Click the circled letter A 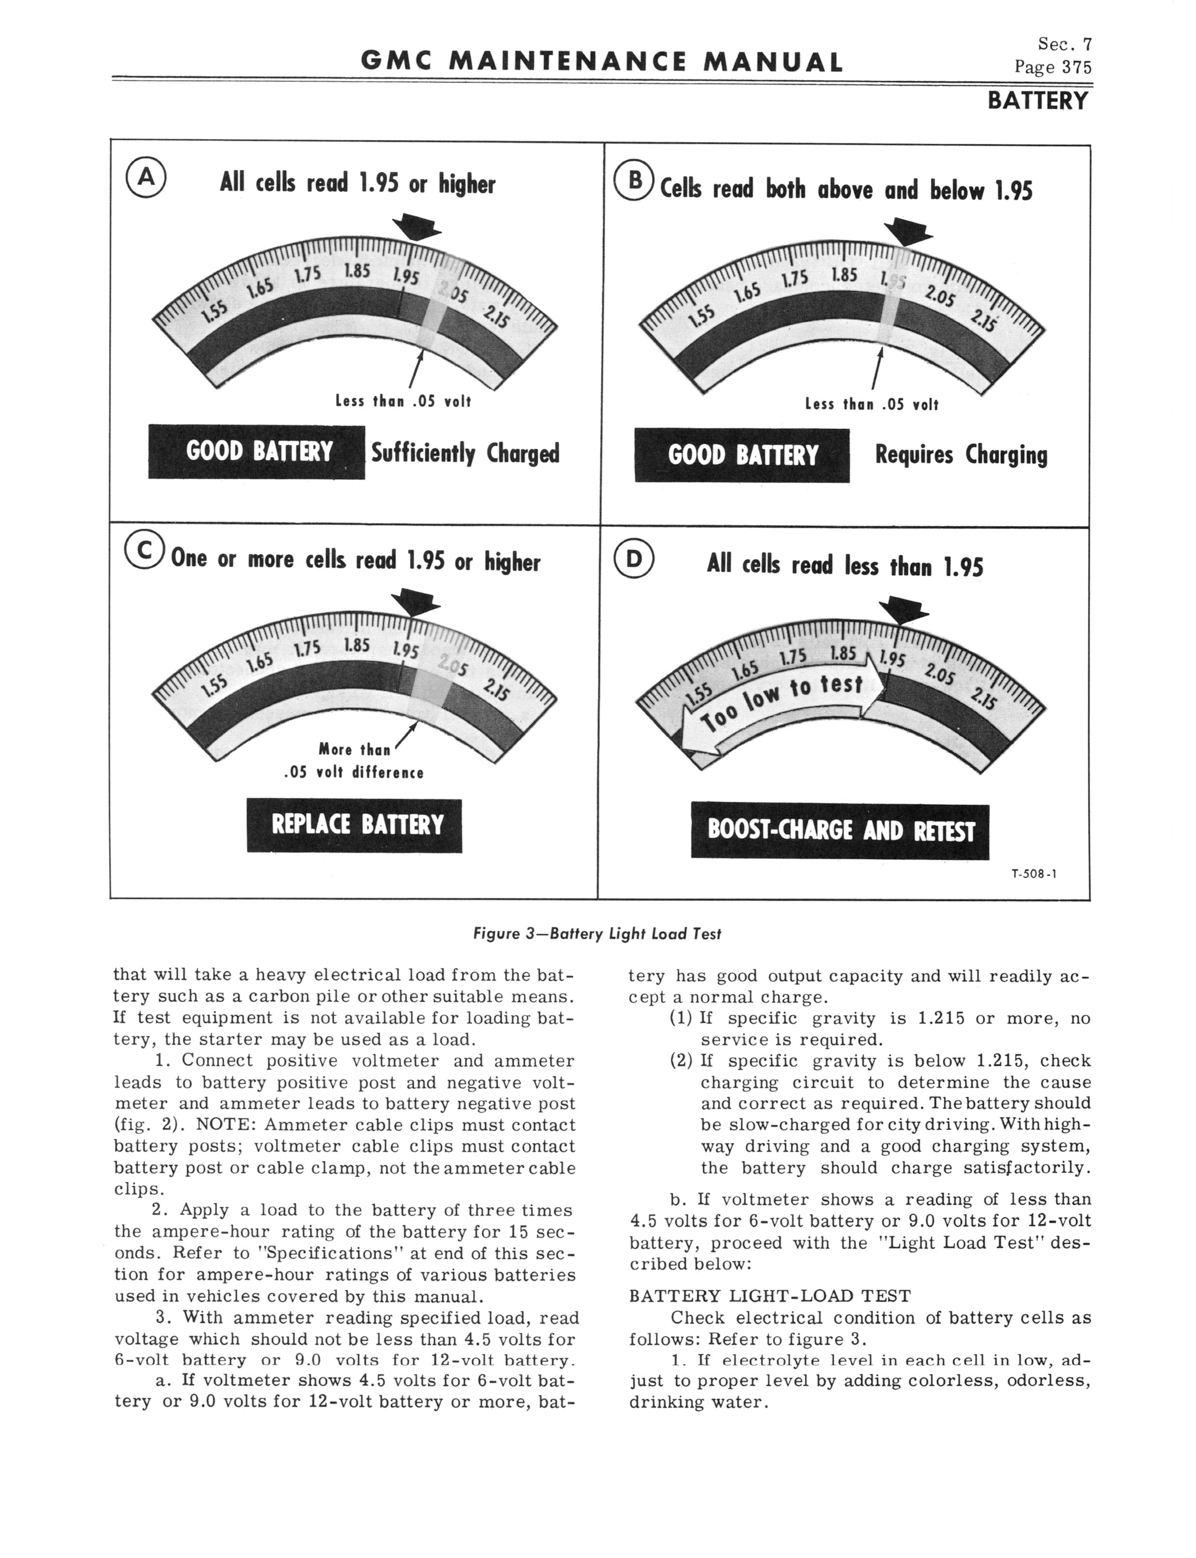click(146, 179)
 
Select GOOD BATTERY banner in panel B click(742, 455)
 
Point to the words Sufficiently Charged click(465, 453)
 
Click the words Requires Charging click(961, 455)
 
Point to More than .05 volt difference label click(354, 760)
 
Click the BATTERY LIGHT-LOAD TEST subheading click(770, 1295)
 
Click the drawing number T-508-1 click(1033, 874)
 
